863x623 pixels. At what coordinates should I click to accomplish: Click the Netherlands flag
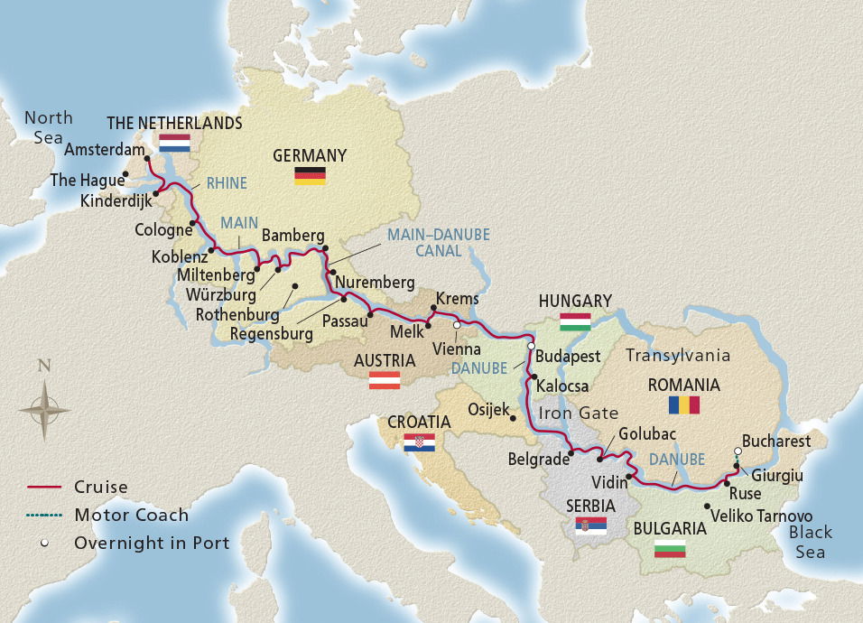click(x=174, y=143)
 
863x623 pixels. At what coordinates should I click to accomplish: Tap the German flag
click(x=310, y=175)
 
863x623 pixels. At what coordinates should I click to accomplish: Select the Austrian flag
click(x=384, y=380)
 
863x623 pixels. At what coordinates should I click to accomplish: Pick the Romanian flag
click(x=683, y=404)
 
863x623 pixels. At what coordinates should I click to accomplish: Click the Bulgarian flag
click(x=670, y=548)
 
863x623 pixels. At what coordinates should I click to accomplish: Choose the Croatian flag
click(x=419, y=442)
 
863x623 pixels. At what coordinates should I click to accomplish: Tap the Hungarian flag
click(x=575, y=321)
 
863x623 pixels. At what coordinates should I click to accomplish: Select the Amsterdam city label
click(x=103, y=149)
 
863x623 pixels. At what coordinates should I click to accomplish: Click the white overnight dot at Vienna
click(x=457, y=325)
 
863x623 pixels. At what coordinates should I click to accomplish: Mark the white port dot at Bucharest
click(x=738, y=451)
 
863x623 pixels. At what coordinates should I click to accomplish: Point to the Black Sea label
click(x=810, y=542)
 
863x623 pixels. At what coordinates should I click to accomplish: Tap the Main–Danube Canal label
click(x=439, y=242)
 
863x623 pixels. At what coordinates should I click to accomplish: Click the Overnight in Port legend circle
click(x=43, y=543)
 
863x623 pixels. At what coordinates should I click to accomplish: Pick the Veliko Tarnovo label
click(x=761, y=515)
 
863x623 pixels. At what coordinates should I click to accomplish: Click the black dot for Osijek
click(x=513, y=419)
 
